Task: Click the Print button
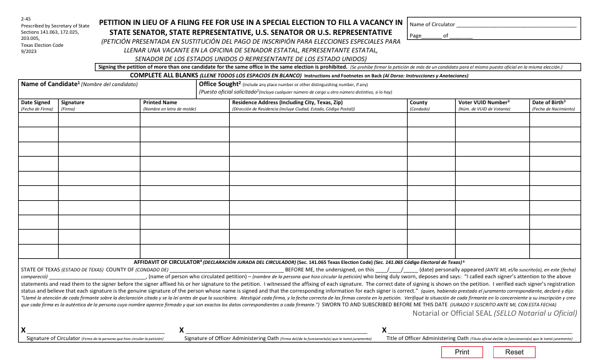[462, 352]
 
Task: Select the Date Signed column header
[36, 102]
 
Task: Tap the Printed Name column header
[160, 102]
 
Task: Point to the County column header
[418, 102]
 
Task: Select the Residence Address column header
[287, 102]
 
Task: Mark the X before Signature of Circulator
[24, 329]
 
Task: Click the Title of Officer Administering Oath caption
[427, 338]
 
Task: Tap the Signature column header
[73, 102]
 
